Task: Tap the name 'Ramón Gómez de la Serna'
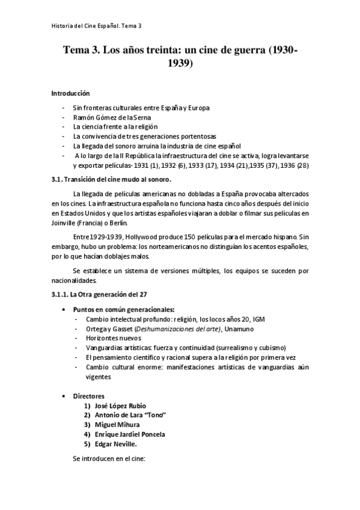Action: point(112,117)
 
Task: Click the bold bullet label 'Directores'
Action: point(88,396)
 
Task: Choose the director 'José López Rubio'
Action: point(120,405)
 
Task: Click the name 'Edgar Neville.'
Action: point(117,444)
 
